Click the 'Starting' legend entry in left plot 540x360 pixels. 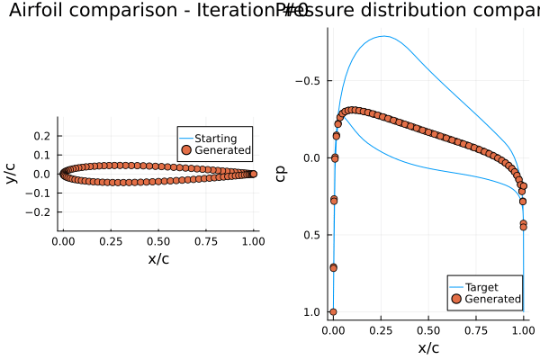pyautogui.click(x=215, y=139)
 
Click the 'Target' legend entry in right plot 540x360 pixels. pyautogui.click(x=481, y=287)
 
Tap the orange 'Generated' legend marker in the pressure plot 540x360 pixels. pyautogui.click(x=456, y=298)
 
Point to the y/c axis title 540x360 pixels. pyautogui.click(x=11, y=174)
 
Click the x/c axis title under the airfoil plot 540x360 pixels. pyautogui.click(x=158, y=259)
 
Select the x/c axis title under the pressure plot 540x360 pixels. pyautogui.click(x=428, y=347)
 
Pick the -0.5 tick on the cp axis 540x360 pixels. pyautogui.click(x=309, y=81)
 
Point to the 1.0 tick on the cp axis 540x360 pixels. pyautogui.click(x=312, y=312)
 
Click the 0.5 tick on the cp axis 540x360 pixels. pyautogui.click(x=312, y=235)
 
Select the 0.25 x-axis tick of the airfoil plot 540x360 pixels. pyautogui.click(x=111, y=242)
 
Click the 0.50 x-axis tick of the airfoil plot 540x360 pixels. pyautogui.click(x=158, y=242)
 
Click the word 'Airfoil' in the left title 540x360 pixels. pyautogui.click(x=35, y=12)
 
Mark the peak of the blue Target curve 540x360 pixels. pyautogui.click(x=385, y=36)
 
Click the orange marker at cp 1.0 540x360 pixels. pyautogui.click(x=333, y=312)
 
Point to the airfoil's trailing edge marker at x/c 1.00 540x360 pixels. pyautogui.click(x=253, y=174)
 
